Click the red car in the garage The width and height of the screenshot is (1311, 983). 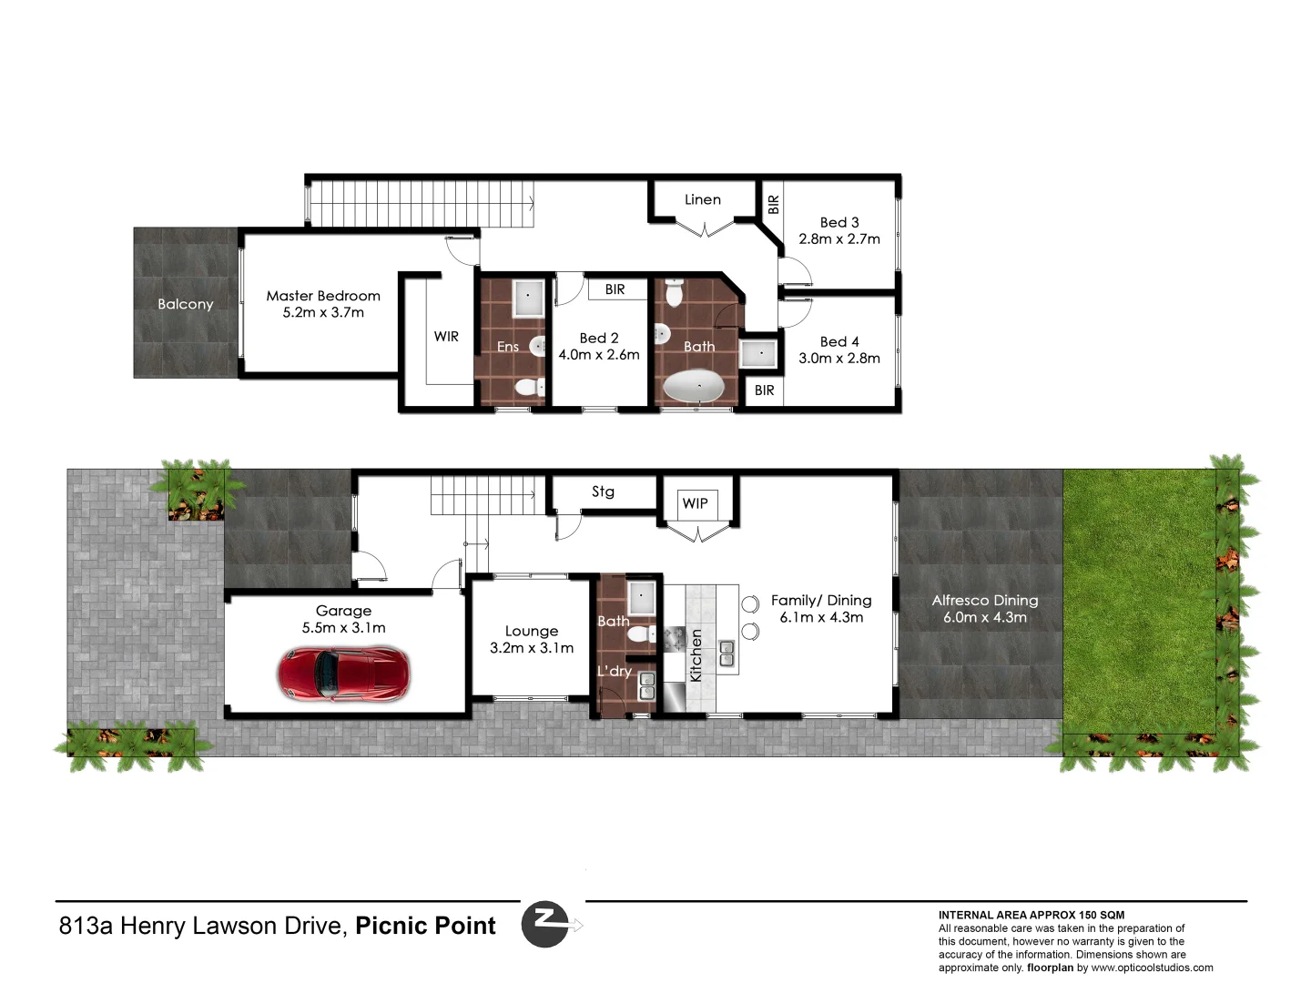343,674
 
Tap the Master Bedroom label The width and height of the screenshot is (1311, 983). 323,296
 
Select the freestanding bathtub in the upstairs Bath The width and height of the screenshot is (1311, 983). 698,388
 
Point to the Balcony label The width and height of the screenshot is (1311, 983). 185,304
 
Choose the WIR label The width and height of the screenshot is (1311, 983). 446,337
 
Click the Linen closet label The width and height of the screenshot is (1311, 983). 702,200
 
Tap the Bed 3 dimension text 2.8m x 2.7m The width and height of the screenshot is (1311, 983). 839,239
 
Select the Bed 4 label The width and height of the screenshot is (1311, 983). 839,342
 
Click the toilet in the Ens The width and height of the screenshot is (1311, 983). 527,389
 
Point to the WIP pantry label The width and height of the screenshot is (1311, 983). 695,503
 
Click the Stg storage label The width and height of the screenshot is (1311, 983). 603,491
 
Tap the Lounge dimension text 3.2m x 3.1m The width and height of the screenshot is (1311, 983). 532,648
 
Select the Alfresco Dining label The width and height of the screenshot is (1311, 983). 985,601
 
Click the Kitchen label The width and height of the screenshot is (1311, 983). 696,655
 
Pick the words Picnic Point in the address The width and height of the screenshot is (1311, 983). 425,927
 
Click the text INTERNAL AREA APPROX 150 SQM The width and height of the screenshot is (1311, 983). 1031,916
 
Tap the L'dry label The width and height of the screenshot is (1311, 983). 615,672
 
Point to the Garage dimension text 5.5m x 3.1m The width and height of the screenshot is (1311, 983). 343,628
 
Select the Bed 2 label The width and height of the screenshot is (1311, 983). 599,339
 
